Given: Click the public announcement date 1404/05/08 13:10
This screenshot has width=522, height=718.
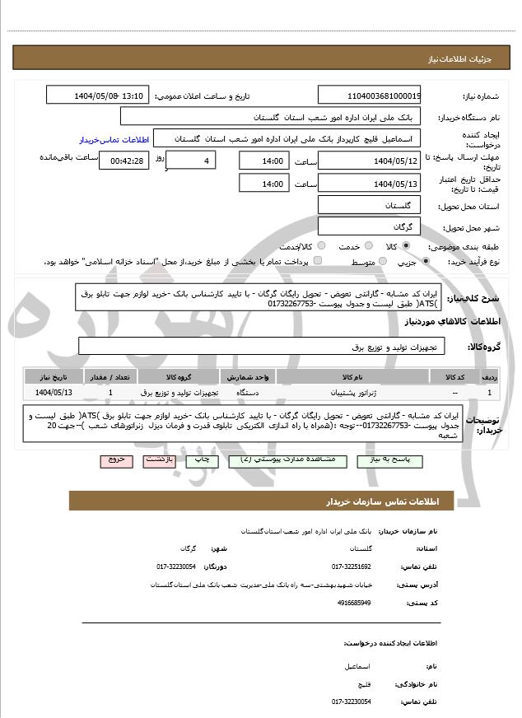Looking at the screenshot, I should (96, 96).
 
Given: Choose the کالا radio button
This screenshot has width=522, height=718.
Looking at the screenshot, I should (405, 246).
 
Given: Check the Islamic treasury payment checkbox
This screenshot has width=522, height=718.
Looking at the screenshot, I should (318, 262).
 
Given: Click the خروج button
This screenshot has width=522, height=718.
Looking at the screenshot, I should (115, 463).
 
